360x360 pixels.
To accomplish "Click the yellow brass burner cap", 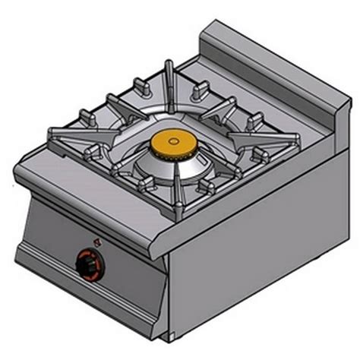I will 169,142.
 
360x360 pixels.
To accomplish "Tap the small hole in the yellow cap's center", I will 169,141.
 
